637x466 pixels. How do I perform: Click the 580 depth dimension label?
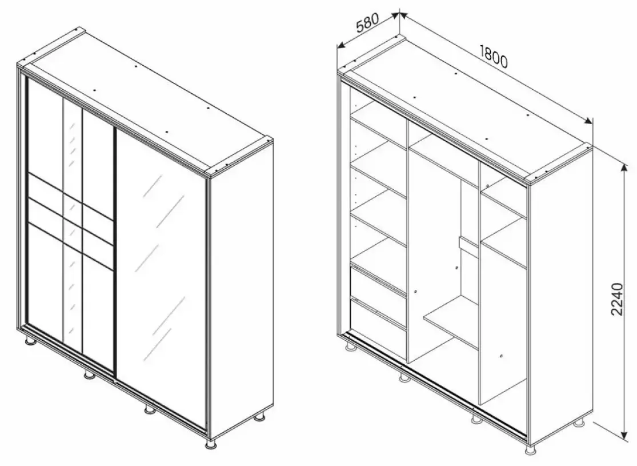click(x=367, y=23)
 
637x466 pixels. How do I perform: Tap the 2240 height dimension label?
click(x=616, y=299)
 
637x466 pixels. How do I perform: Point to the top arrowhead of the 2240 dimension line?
click(x=624, y=168)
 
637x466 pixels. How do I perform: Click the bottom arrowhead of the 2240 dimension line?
click(x=624, y=432)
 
